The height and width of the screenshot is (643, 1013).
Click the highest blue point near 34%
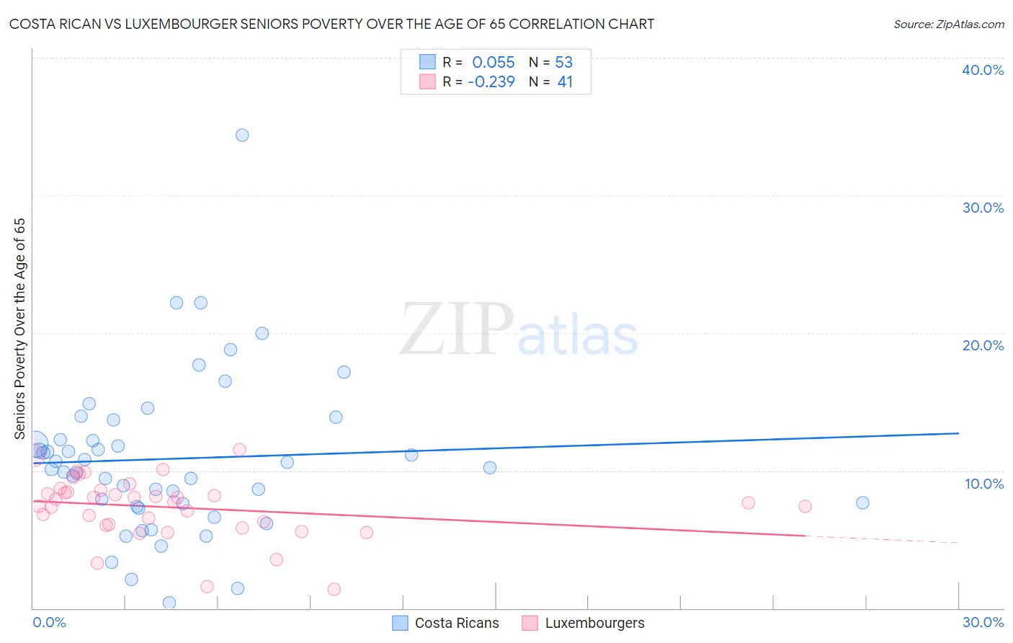242,135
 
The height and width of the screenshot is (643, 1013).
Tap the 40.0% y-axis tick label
982,70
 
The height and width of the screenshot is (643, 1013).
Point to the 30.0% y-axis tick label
982,208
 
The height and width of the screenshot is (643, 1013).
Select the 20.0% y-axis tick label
982,345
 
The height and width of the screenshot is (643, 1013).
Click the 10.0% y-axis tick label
983,484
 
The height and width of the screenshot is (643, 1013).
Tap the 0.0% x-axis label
49,622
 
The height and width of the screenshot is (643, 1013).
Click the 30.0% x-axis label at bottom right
982,622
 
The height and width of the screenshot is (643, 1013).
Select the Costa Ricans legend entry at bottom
456,623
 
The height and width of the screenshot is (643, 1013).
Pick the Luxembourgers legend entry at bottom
594,623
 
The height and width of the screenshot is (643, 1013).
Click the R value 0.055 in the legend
493,63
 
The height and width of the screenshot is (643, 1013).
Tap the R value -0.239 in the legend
491,82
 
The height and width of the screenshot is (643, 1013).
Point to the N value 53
563,63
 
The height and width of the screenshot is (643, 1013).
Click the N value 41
565,82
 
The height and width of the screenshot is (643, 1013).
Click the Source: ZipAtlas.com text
948,24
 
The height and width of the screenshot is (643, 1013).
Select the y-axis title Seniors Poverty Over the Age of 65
19,328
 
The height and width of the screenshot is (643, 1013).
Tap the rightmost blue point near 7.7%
862,502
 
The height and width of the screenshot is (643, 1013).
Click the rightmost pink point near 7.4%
805,506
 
